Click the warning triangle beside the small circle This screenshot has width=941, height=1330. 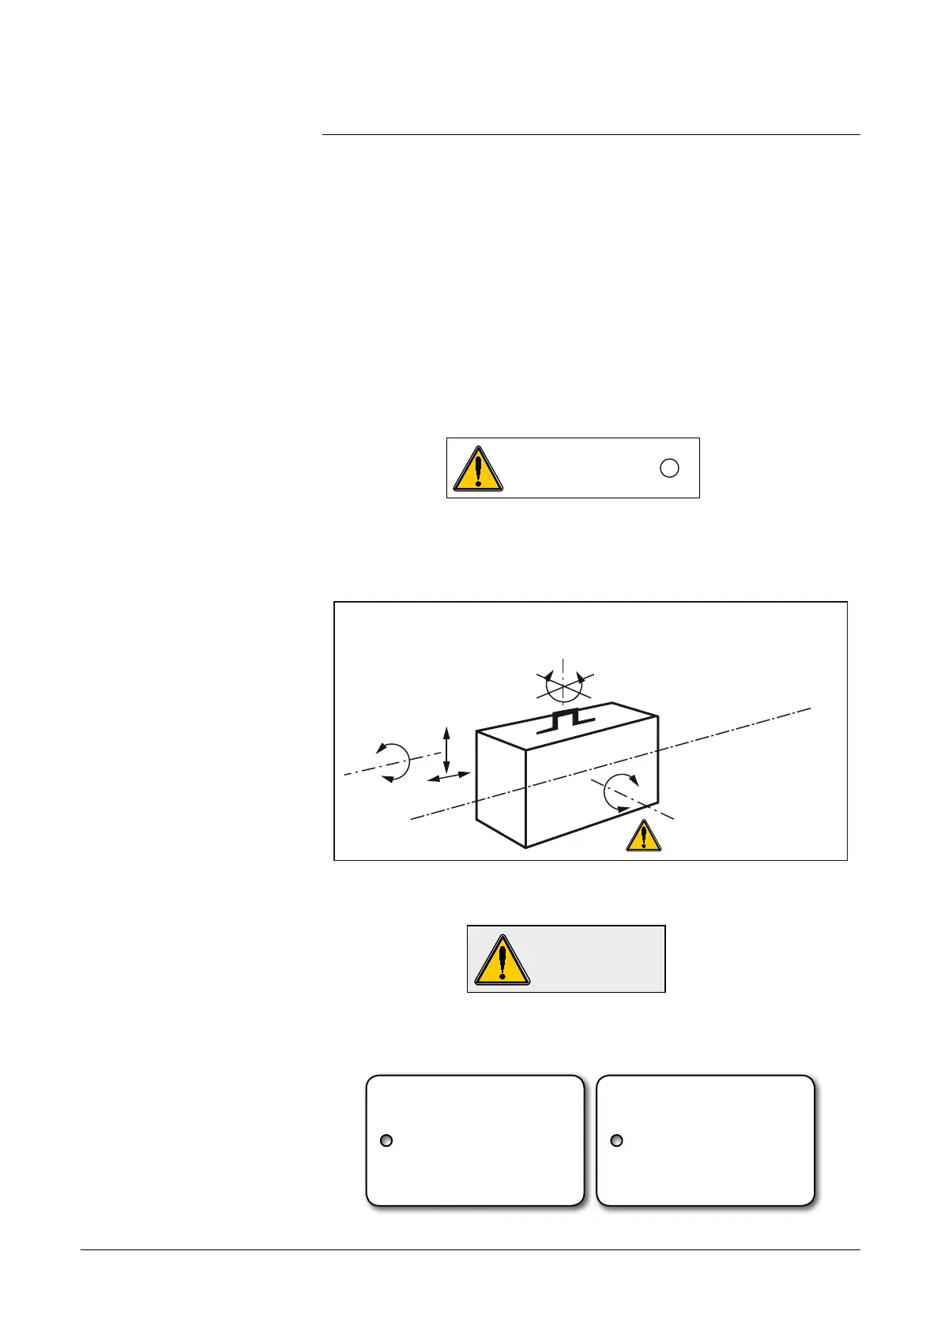point(477,469)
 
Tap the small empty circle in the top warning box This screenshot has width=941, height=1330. point(668,468)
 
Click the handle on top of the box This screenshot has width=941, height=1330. point(566,721)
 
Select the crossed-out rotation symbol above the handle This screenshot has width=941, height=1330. point(563,683)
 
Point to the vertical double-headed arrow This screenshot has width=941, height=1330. point(446,750)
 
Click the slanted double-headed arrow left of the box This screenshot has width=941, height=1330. point(449,778)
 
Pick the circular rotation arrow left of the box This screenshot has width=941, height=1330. point(393,762)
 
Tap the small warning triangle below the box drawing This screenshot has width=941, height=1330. point(644,836)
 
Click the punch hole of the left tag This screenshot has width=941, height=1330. point(386,1140)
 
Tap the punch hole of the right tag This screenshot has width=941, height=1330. point(617,1140)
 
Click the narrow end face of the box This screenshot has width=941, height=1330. point(501,790)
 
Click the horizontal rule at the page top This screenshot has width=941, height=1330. point(591,135)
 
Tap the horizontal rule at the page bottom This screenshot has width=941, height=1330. point(470,1249)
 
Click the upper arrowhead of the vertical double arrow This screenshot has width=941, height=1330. point(446,731)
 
